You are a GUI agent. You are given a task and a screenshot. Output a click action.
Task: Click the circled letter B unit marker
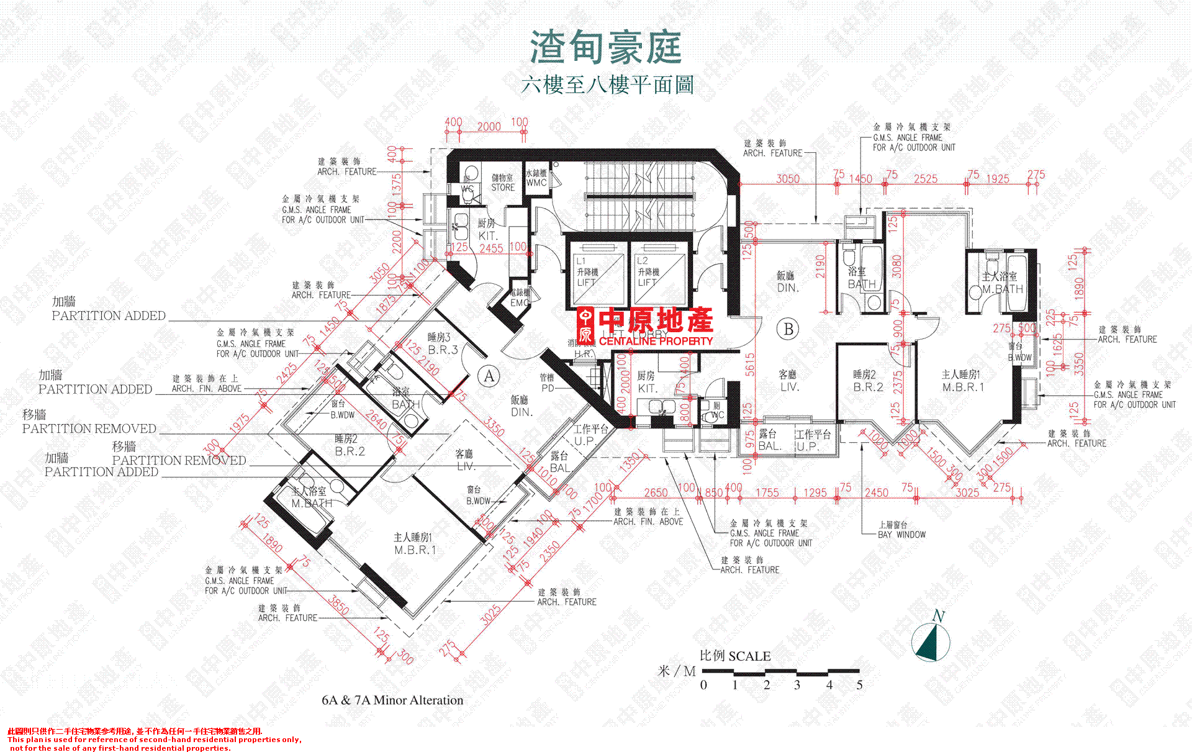[788, 329]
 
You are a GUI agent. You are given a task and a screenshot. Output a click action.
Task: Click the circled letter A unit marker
[489, 376]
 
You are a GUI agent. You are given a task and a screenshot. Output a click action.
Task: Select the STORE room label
[503, 183]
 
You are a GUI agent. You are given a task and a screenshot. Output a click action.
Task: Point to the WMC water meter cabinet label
[536, 178]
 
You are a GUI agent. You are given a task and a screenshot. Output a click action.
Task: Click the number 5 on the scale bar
[860, 686]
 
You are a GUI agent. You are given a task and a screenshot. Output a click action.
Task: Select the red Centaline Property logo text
[646, 327]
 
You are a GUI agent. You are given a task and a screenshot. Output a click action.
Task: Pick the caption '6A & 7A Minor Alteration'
[392, 700]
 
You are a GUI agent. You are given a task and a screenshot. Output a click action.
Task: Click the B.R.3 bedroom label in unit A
[443, 343]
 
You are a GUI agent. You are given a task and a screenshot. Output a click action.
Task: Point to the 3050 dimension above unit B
[788, 179]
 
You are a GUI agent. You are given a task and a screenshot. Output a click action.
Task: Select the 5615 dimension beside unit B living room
[750, 365]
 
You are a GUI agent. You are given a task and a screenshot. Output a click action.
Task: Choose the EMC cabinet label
[520, 297]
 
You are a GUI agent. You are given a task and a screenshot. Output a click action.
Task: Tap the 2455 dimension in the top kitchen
[491, 248]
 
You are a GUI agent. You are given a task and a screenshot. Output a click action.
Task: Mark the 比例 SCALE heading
[735, 656]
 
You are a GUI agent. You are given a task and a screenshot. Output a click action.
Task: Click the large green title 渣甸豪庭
[605, 48]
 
